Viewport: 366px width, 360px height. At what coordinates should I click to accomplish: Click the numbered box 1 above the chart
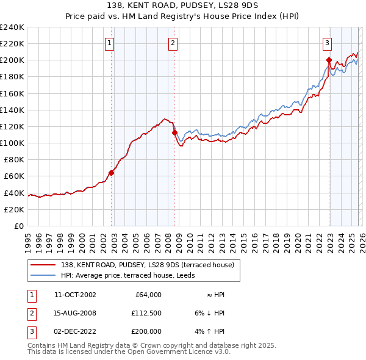pos(109,43)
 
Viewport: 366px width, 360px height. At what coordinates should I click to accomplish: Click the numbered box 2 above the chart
pos(173,43)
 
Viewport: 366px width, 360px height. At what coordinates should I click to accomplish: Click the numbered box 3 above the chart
pos(328,43)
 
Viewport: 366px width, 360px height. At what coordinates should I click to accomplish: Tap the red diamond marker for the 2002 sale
pos(112,173)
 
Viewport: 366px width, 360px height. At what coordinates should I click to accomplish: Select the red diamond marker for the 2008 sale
pos(174,132)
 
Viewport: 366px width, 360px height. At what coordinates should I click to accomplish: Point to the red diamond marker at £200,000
pos(329,60)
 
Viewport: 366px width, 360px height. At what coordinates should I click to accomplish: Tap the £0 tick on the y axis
pos(18,226)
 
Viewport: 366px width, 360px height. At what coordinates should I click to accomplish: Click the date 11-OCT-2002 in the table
pos(75,295)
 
